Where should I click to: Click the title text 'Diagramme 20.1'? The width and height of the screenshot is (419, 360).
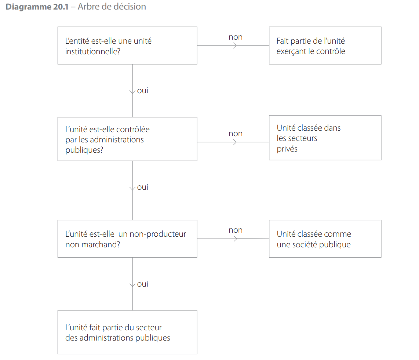click(x=37, y=7)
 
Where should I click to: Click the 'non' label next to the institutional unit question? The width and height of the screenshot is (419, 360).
click(x=236, y=37)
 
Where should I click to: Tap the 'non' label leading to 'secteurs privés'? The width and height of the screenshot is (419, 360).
click(x=236, y=134)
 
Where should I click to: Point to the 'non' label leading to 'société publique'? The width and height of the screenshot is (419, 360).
click(x=236, y=230)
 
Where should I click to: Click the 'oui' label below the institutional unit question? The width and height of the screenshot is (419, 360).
click(x=142, y=91)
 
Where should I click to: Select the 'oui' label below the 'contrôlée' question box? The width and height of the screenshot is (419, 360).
click(x=142, y=187)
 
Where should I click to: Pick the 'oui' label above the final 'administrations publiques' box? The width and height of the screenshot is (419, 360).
click(x=142, y=284)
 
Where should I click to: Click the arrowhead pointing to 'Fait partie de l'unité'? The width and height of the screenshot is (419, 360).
click(x=235, y=46)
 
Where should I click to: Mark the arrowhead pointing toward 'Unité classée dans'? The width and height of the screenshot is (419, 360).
click(x=235, y=142)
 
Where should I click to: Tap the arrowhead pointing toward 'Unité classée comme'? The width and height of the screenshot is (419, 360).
click(x=235, y=239)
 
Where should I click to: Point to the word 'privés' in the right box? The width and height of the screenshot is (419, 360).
click(x=287, y=149)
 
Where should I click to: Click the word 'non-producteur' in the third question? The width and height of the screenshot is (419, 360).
click(x=158, y=234)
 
